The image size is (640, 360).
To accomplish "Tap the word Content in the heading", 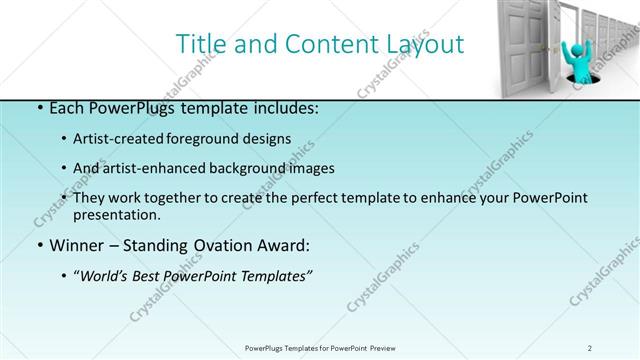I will tap(323, 45).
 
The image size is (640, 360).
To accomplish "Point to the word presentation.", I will tap(116, 215).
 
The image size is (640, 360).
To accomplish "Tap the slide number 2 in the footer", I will tap(590, 347).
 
